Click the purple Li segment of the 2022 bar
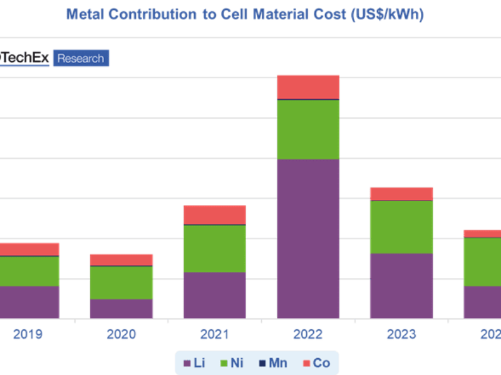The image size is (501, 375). pyautogui.click(x=308, y=239)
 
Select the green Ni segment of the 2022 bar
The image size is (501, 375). pyautogui.click(x=308, y=129)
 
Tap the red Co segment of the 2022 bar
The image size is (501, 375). pyautogui.click(x=308, y=87)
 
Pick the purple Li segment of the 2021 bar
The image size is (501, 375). pyautogui.click(x=214, y=295)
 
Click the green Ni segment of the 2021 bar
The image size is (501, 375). pyautogui.click(x=214, y=248)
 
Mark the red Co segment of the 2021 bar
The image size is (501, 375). pyautogui.click(x=214, y=214)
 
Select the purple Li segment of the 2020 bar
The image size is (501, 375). pyautogui.click(x=121, y=309)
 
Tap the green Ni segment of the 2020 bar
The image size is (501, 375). pyautogui.click(x=121, y=282)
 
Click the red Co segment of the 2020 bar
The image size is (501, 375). pyautogui.click(x=121, y=259)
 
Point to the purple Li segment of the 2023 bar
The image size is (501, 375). pyautogui.click(x=401, y=286)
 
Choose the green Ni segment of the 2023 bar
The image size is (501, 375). pyautogui.click(x=401, y=227)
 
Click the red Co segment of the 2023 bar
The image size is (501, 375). pyautogui.click(x=401, y=193)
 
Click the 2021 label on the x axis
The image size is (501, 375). pyautogui.click(x=214, y=335)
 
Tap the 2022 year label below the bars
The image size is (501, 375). pyautogui.click(x=308, y=335)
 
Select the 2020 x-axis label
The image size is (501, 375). pyautogui.click(x=121, y=335)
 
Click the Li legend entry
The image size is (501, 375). pyautogui.click(x=194, y=362)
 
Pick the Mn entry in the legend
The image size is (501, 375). pyautogui.click(x=273, y=362)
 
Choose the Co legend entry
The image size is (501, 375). pyautogui.click(x=316, y=362)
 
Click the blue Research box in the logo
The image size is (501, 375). pyautogui.click(x=81, y=58)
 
